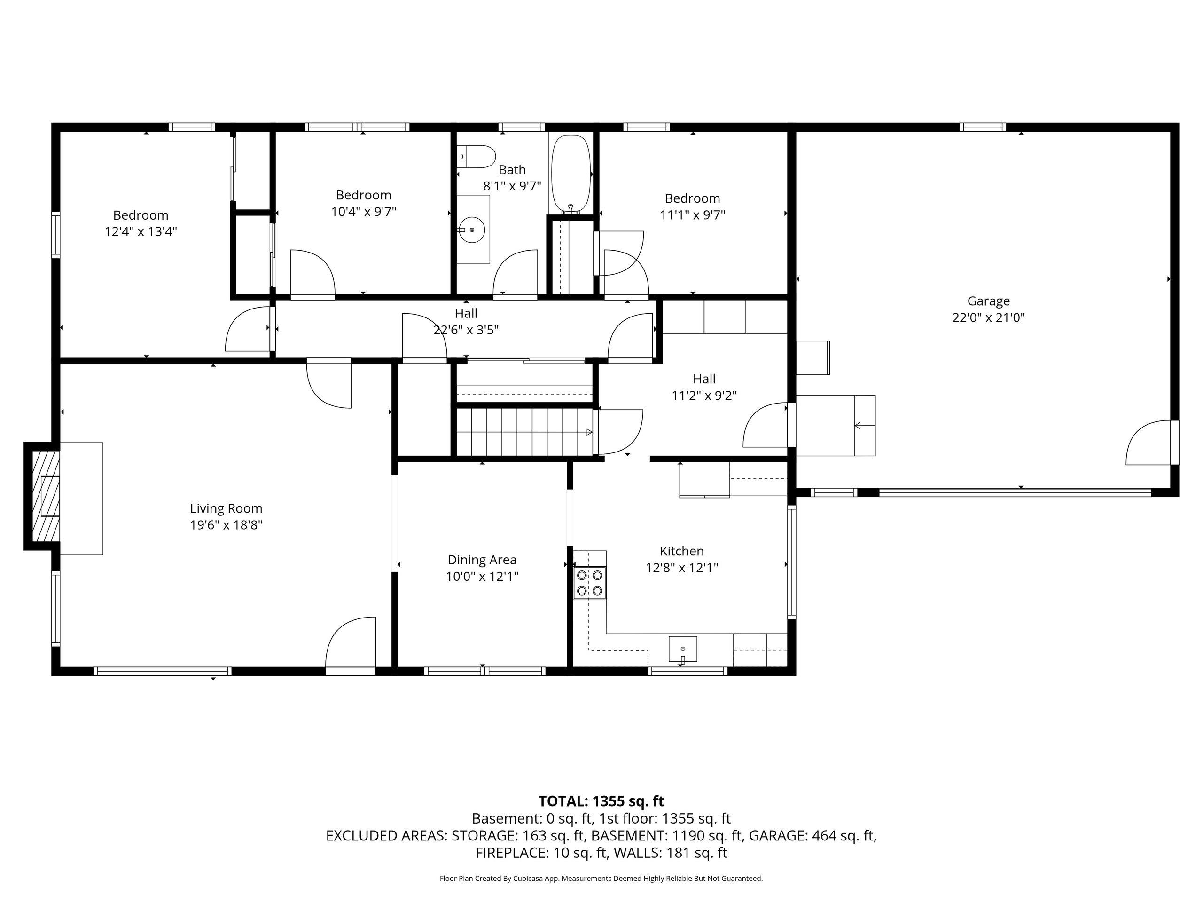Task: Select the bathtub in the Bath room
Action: pos(570,174)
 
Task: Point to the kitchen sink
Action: pos(682,649)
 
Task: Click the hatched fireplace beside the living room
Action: pos(45,495)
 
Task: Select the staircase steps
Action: pos(522,433)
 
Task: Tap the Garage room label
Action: pos(988,301)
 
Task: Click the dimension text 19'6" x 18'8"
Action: pos(226,525)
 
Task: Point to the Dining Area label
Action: pos(482,560)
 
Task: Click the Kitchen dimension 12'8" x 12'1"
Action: pos(681,568)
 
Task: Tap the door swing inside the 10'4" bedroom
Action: pos(312,273)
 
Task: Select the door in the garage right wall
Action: pos(1148,443)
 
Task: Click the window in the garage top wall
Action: pos(982,127)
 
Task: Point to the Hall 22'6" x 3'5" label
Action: pos(466,321)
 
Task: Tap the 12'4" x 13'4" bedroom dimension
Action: pos(141,231)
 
